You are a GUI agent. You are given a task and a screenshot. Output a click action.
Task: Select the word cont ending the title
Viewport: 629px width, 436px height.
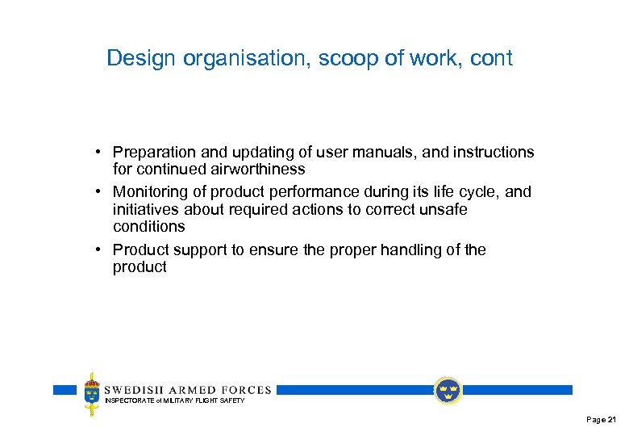(x=490, y=59)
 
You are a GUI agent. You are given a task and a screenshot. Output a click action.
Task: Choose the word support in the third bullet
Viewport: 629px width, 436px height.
(x=201, y=249)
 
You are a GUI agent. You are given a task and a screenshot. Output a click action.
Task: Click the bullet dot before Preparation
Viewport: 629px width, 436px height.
(x=96, y=153)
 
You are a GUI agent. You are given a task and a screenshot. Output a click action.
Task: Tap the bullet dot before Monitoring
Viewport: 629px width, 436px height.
(x=96, y=192)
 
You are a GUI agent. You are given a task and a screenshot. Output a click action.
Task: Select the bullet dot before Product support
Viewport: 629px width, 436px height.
(x=96, y=249)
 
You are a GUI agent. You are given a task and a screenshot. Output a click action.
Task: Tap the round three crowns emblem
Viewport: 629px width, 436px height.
(x=447, y=391)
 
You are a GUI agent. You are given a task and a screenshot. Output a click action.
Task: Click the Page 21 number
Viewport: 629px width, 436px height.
(x=602, y=420)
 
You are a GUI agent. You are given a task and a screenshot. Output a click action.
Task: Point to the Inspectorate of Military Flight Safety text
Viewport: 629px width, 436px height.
(x=174, y=400)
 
